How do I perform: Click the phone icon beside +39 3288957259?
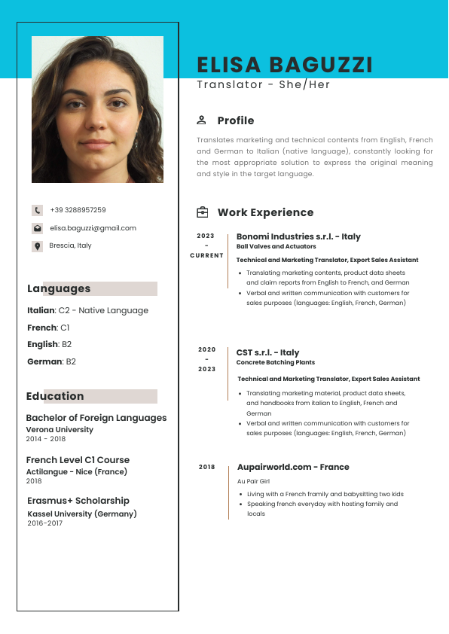pos(37,210)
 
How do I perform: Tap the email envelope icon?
pos(37,228)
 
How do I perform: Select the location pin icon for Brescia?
pos(37,246)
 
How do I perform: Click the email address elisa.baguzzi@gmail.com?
pos(93,228)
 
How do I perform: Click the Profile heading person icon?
pos(201,120)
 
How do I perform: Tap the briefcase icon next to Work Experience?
pos(202,212)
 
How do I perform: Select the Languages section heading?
pos(59,288)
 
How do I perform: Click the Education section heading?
pos(55,396)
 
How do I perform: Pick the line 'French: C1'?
pos(48,328)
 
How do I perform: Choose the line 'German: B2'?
pos(51,361)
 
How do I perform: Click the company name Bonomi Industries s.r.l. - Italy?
pos(298,236)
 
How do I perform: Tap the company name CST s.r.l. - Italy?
pos(267,352)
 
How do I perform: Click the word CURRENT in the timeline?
pos(206,255)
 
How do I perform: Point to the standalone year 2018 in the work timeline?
pos(206,467)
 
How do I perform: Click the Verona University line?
pos(60,429)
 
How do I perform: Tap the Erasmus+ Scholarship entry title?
pos(78,501)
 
